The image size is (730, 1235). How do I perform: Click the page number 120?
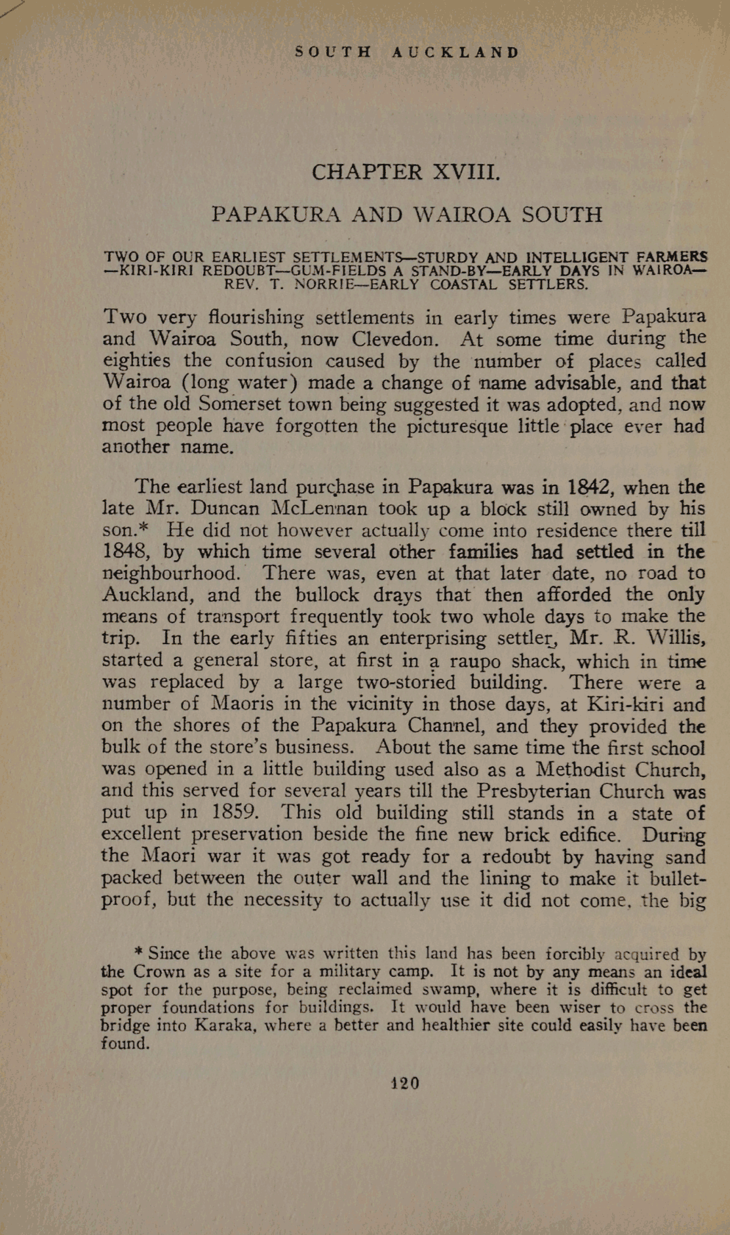tap(405, 1083)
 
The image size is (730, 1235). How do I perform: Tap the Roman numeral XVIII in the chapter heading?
tap(467, 172)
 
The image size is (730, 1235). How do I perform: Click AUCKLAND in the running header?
tap(455, 52)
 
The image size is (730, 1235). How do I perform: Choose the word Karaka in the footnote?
tap(225, 1025)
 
